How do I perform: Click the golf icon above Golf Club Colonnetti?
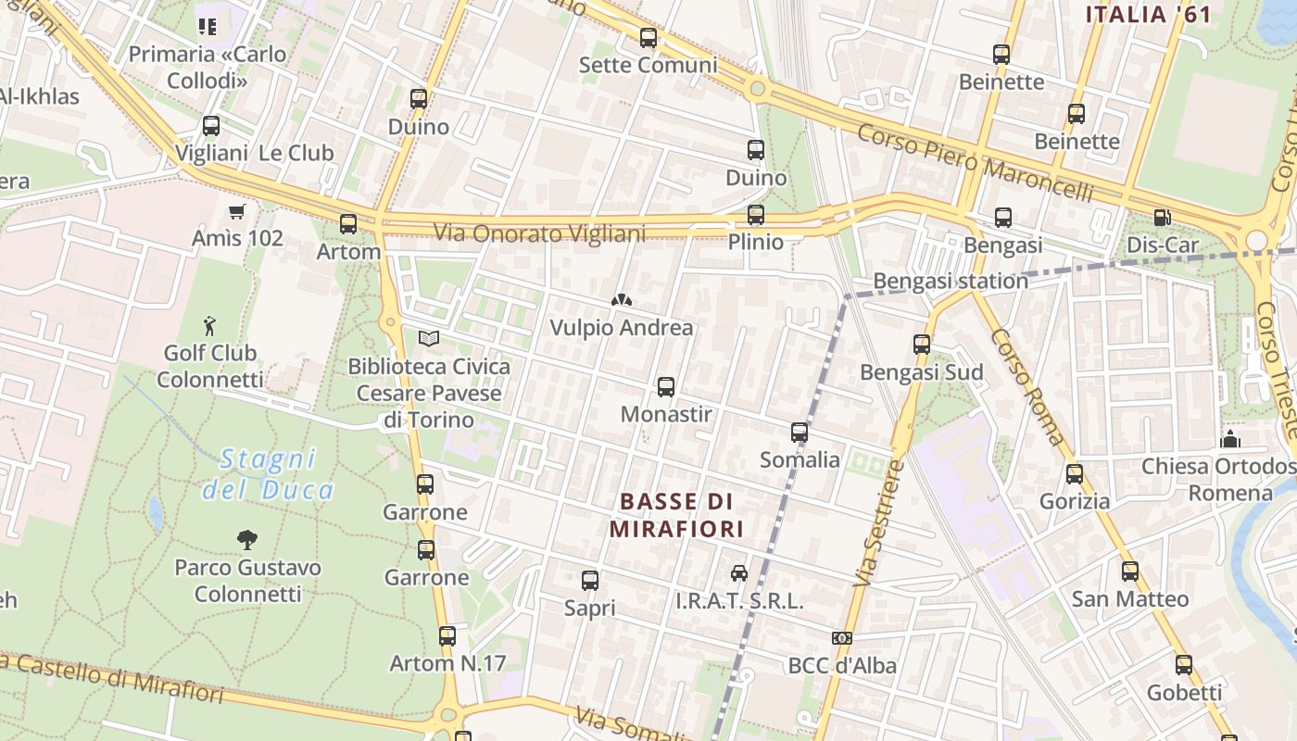[210, 326]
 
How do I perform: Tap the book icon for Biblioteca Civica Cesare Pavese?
[428, 339]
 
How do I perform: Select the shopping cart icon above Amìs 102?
[236, 212]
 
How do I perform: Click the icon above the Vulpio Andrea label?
[621, 300]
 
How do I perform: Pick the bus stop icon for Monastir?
[665, 387]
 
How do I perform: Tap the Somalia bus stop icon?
[800, 433]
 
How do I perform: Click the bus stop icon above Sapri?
[590, 581]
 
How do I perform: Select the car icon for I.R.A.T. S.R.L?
[738, 573]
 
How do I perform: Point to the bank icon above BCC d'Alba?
[842, 638]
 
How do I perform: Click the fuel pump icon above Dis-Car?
[1162, 218]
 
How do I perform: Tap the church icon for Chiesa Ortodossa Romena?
[1230, 439]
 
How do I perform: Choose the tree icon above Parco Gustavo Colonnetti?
[246, 539]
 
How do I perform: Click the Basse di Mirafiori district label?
[677, 515]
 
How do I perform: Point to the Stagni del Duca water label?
[268, 474]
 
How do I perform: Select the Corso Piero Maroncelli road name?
[975, 163]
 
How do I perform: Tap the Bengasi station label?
[951, 281]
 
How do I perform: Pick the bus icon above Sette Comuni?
[648, 38]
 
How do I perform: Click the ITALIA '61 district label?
[1149, 15]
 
